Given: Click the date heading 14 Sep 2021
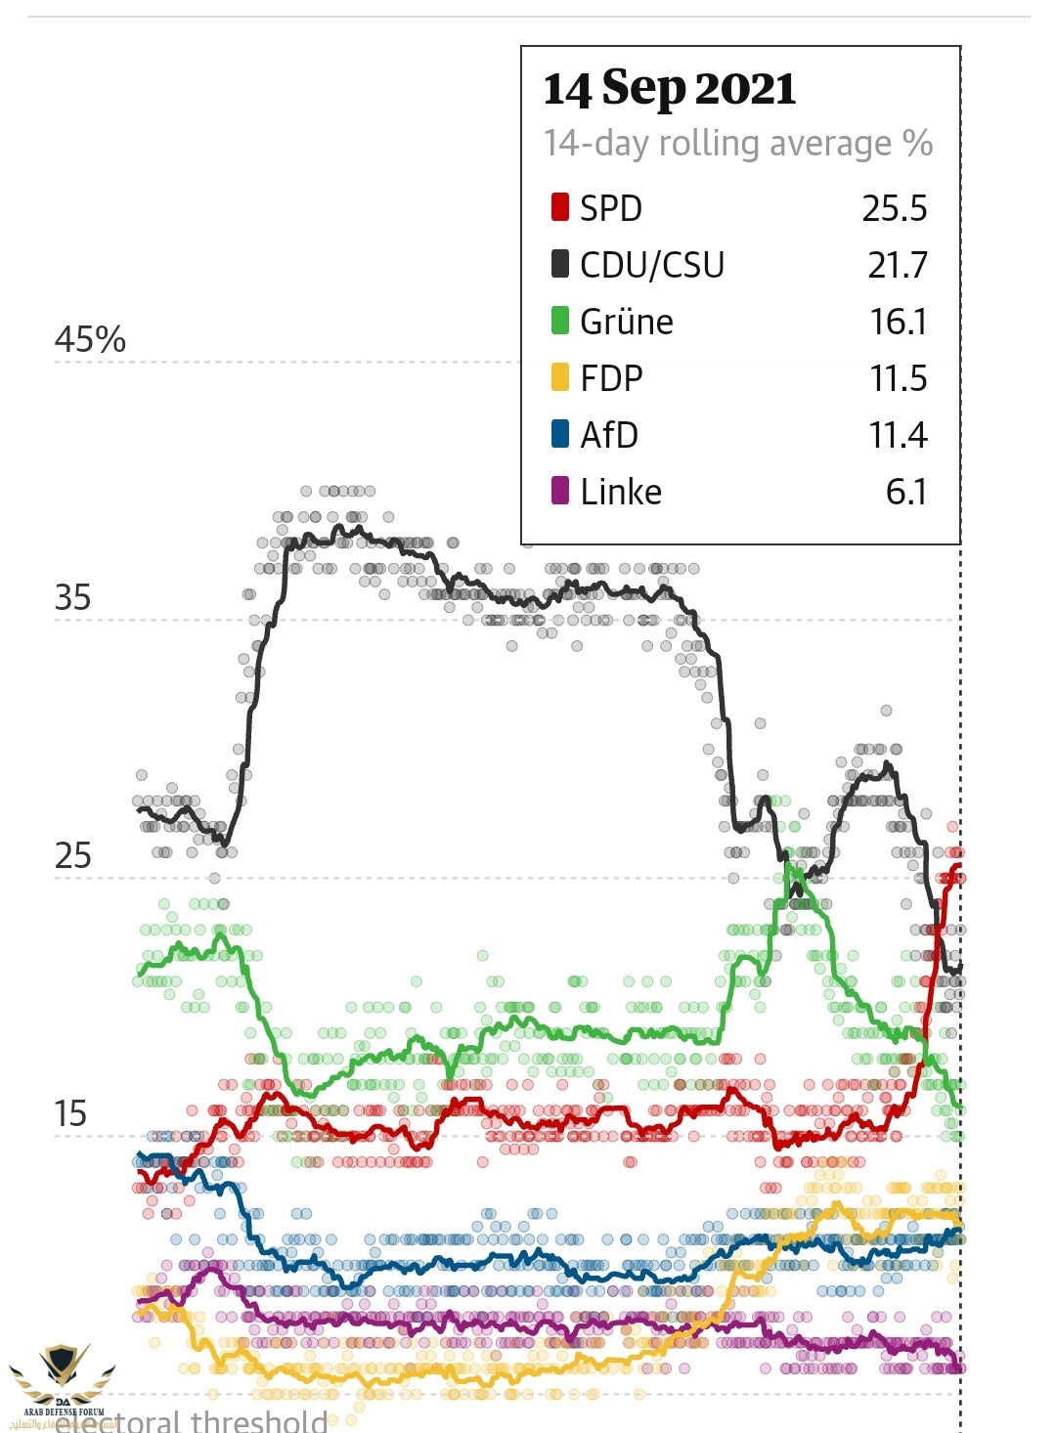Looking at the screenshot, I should click(670, 89).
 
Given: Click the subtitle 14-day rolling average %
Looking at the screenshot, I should click(738, 144).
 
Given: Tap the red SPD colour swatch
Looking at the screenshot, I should click(560, 207).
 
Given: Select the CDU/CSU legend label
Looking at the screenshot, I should click(652, 265).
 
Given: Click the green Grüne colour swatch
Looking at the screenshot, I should click(560, 321).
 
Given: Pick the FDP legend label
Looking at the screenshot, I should click(611, 378).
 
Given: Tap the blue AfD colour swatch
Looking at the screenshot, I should click(560, 434).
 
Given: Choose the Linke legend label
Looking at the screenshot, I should click(621, 492).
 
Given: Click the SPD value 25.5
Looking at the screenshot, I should click(895, 208).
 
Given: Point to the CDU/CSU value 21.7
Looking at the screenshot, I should click(898, 265).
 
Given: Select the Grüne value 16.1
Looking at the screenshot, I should click(899, 322).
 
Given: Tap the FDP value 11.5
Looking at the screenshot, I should click(899, 378).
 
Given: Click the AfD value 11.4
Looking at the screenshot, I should click(898, 435).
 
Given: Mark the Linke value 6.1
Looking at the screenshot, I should click(906, 492).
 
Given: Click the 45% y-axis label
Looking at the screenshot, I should click(90, 340).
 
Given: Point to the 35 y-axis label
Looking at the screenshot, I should click(72, 598).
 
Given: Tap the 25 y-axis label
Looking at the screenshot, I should click(72, 856).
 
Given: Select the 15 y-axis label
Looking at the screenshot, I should click(70, 1114).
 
